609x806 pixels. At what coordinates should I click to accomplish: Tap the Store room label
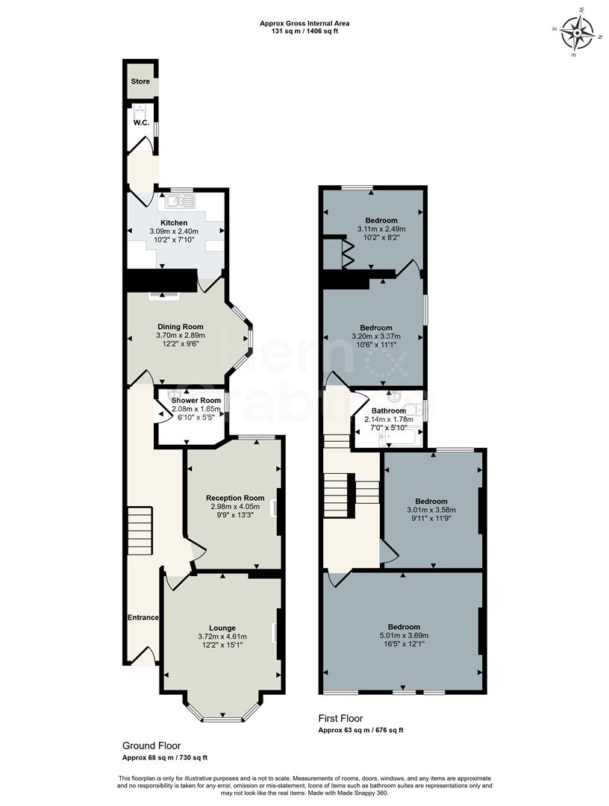pos(140,81)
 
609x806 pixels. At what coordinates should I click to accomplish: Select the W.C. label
pos(141,122)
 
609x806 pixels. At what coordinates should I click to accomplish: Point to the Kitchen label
pos(173,222)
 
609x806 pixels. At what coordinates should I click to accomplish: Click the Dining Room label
pos(180,326)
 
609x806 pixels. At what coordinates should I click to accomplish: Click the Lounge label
pos(222,628)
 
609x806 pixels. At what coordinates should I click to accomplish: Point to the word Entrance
pos(143,617)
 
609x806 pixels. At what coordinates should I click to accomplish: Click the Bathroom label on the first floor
pos(389,410)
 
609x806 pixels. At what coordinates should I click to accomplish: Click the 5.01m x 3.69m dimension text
pos(403,636)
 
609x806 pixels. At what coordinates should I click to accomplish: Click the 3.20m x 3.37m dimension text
pos(375,337)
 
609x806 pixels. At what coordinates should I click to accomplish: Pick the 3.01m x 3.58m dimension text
pos(431,510)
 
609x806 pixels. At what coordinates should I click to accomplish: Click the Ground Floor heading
pos(152,746)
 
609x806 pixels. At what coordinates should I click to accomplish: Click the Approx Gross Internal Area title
pos(304,23)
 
